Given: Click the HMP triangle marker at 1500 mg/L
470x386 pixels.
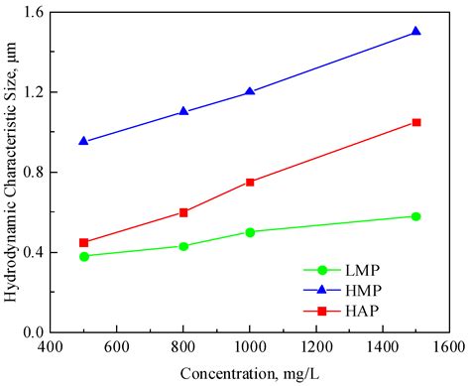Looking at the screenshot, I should click(x=415, y=32).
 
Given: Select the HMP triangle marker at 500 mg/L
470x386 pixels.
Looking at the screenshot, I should click(x=84, y=141).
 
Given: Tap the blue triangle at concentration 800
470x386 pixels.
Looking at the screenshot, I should click(x=183, y=111).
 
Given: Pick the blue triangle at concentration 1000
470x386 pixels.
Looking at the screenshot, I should click(x=250, y=91).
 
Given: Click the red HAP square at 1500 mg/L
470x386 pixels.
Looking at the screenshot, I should click(x=415, y=122).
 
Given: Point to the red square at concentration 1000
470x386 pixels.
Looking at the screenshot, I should click(x=250, y=182).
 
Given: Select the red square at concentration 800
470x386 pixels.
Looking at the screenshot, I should click(x=183, y=212).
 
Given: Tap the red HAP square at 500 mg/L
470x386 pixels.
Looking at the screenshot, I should click(x=84, y=242).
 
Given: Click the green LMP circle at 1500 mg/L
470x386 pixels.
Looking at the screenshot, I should click(x=415, y=216).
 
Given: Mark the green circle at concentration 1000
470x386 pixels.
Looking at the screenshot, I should click(x=250, y=232).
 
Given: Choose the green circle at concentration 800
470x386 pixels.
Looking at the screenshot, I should click(x=183, y=246).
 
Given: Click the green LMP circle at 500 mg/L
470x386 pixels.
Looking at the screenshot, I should click(x=84, y=256).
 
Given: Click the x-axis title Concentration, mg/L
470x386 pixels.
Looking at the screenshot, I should click(x=249, y=373).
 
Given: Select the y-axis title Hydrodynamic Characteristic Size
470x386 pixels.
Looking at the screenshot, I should click(x=12, y=171).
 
